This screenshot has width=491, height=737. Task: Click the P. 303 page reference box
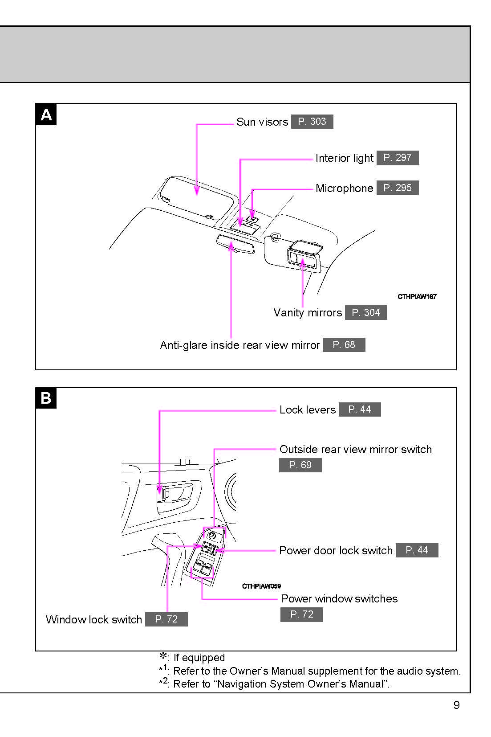(312, 122)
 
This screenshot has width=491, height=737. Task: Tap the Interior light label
(344, 158)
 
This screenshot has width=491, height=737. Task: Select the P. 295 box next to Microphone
(398, 188)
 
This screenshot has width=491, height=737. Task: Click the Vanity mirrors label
(308, 313)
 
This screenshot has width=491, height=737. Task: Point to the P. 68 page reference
(344, 345)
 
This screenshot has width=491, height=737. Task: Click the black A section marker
(46, 115)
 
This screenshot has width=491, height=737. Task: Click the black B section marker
(46, 398)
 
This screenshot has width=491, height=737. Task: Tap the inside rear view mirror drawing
(235, 244)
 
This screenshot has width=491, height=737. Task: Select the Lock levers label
(307, 410)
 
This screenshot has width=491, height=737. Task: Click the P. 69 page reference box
(300, 465)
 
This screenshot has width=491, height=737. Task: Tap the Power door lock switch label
(336, 551)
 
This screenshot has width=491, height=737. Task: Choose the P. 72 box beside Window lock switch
(166, 619)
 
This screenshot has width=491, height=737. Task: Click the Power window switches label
(339, 599)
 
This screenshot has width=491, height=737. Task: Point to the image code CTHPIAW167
(417, 297)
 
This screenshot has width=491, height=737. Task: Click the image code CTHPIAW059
(261, 586)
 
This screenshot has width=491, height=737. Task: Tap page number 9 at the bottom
(456, 705)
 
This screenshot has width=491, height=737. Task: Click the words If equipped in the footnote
(199, 658)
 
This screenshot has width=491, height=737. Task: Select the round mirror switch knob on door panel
(212, 535)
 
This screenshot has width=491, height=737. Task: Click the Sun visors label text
(262, 122)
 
